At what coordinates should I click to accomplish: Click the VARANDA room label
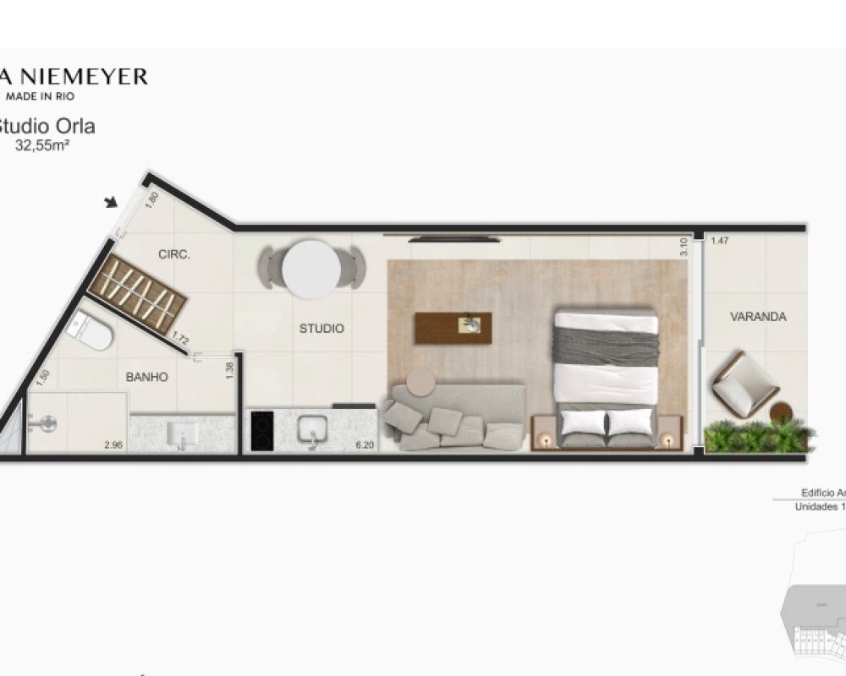758,317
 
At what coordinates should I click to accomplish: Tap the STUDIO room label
321,328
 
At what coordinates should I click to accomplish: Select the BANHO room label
147,377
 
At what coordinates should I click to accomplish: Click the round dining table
311,269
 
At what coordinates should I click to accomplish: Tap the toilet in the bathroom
91,331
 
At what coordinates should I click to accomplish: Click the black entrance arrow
111,202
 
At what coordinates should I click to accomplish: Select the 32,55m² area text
42,144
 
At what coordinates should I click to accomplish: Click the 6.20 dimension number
365,444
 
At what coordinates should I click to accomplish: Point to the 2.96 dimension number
112,444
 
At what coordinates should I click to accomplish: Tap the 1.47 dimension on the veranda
720,241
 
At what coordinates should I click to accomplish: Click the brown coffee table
453,328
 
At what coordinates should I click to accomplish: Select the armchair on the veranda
744,384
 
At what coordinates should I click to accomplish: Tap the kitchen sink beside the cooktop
312,430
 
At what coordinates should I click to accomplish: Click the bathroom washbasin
183,433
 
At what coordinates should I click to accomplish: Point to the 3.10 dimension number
684,247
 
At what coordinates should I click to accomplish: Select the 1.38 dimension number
228,368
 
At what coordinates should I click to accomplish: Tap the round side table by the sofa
420,382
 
